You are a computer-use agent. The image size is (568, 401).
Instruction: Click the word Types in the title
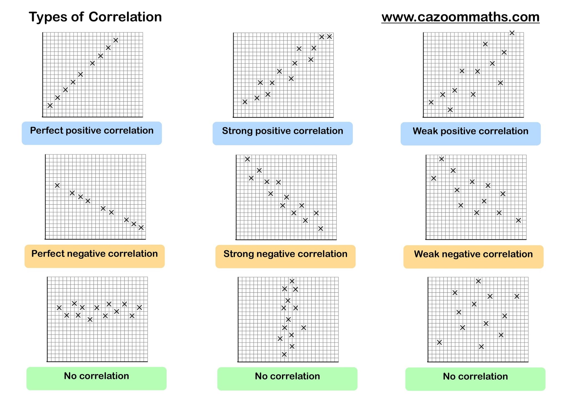48,17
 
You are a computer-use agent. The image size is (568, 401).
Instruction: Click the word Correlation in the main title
125,17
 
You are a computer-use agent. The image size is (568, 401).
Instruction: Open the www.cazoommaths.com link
460,17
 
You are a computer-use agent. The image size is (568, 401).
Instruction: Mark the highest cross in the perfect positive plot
116,40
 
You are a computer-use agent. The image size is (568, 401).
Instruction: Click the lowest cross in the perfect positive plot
50,106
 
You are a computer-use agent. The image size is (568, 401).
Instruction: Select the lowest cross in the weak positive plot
450,110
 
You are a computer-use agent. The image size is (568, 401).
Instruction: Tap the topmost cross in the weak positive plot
512,33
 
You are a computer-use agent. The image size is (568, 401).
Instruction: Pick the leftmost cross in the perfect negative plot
57,185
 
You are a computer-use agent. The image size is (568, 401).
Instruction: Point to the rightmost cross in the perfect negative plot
141,228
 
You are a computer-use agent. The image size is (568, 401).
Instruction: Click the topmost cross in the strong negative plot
247,159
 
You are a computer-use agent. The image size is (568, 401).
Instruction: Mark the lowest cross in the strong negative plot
321,228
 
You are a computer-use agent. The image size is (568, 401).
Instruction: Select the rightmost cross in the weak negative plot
518,220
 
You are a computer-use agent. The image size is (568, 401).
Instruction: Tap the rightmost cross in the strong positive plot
329,37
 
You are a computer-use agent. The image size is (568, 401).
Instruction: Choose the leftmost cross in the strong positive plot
245,102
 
